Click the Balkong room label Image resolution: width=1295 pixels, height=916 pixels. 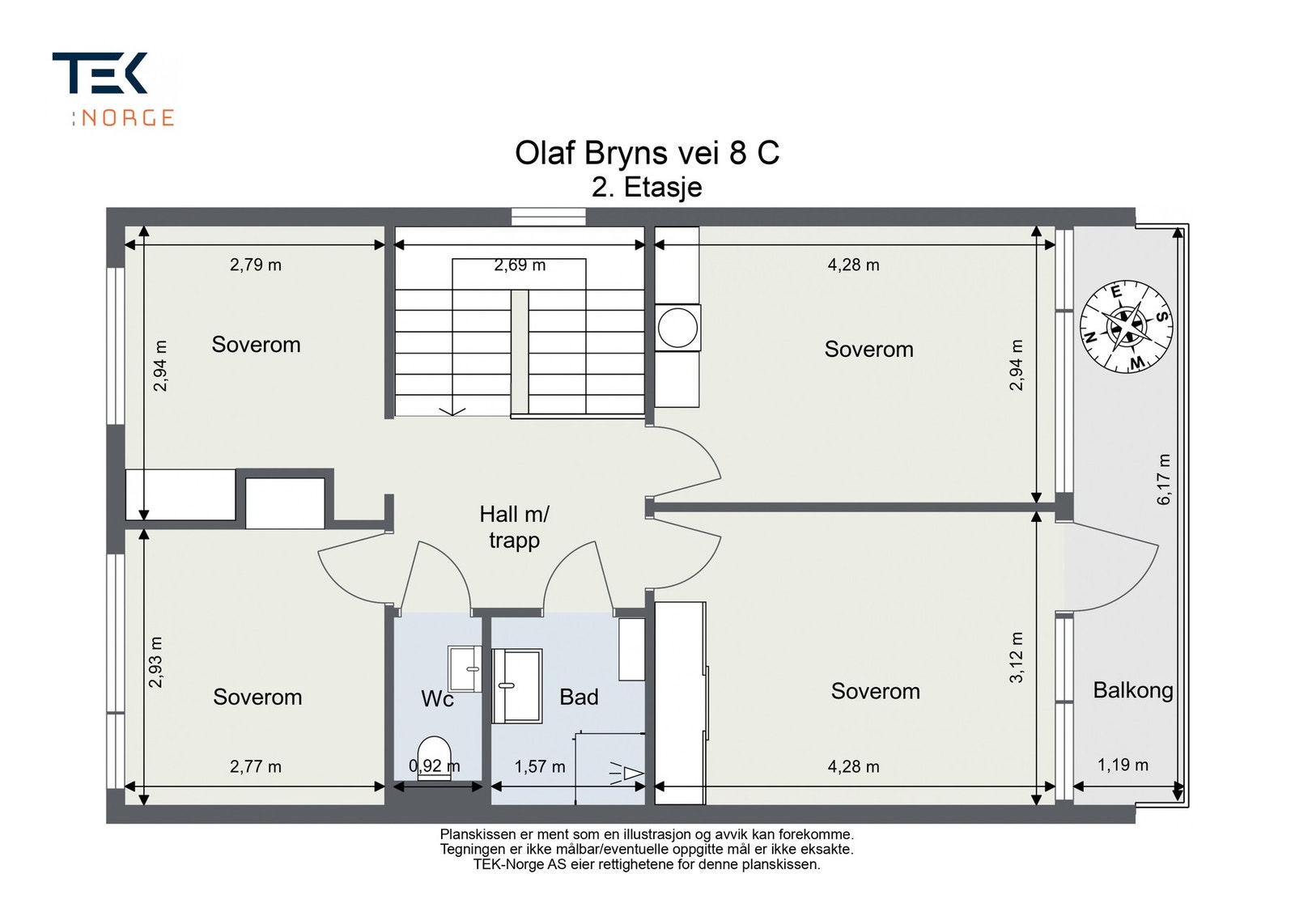pyautogui.click(x=1133, y=690)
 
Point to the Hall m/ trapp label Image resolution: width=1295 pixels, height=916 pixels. pyautogui.click(x=514, y=527)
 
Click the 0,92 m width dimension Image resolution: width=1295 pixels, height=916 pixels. pyautogui.click(x=435, y=765)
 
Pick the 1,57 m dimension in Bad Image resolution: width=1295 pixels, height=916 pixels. pyautogui.click(x=540, y=767)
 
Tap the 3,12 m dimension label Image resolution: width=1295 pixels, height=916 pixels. pyautogui.click(x=1017, y=658)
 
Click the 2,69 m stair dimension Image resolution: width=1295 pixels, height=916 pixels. pyautogui.click(x=520, y=265)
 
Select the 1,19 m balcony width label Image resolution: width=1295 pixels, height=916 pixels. pyautogui.click(x=1123, y=765)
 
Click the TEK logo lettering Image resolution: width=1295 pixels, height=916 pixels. pyautogui.click(x=100, y=73)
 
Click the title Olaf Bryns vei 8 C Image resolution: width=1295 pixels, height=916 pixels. pyautogui.click(x=647, y=154)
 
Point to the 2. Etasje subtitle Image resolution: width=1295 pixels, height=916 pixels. pyautogui.click(x=647, y=188)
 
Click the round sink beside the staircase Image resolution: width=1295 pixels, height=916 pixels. pyautogui.click(x=677, y=328)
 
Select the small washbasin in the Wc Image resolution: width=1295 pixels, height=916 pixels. pyautogui.click(x=465, y=668)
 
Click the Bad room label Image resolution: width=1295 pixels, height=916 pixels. pyautogui.click(x=579, y=698)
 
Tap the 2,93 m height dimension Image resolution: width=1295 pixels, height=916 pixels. pyautogui.click(x=156, y=662)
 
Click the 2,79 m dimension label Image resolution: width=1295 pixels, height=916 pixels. pyautogui.click(x=256, y=265)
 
